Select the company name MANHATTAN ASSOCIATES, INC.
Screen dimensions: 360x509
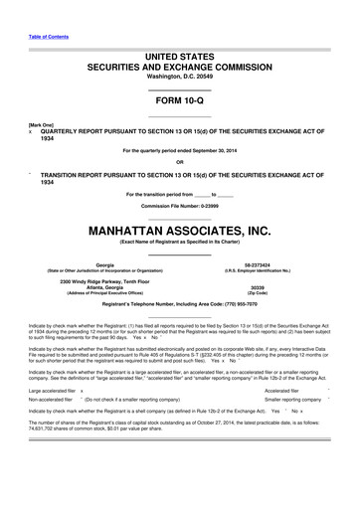179,230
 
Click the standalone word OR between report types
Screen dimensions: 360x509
179,162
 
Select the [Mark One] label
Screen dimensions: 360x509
42,125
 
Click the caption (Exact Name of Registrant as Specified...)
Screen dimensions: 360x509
179,241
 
